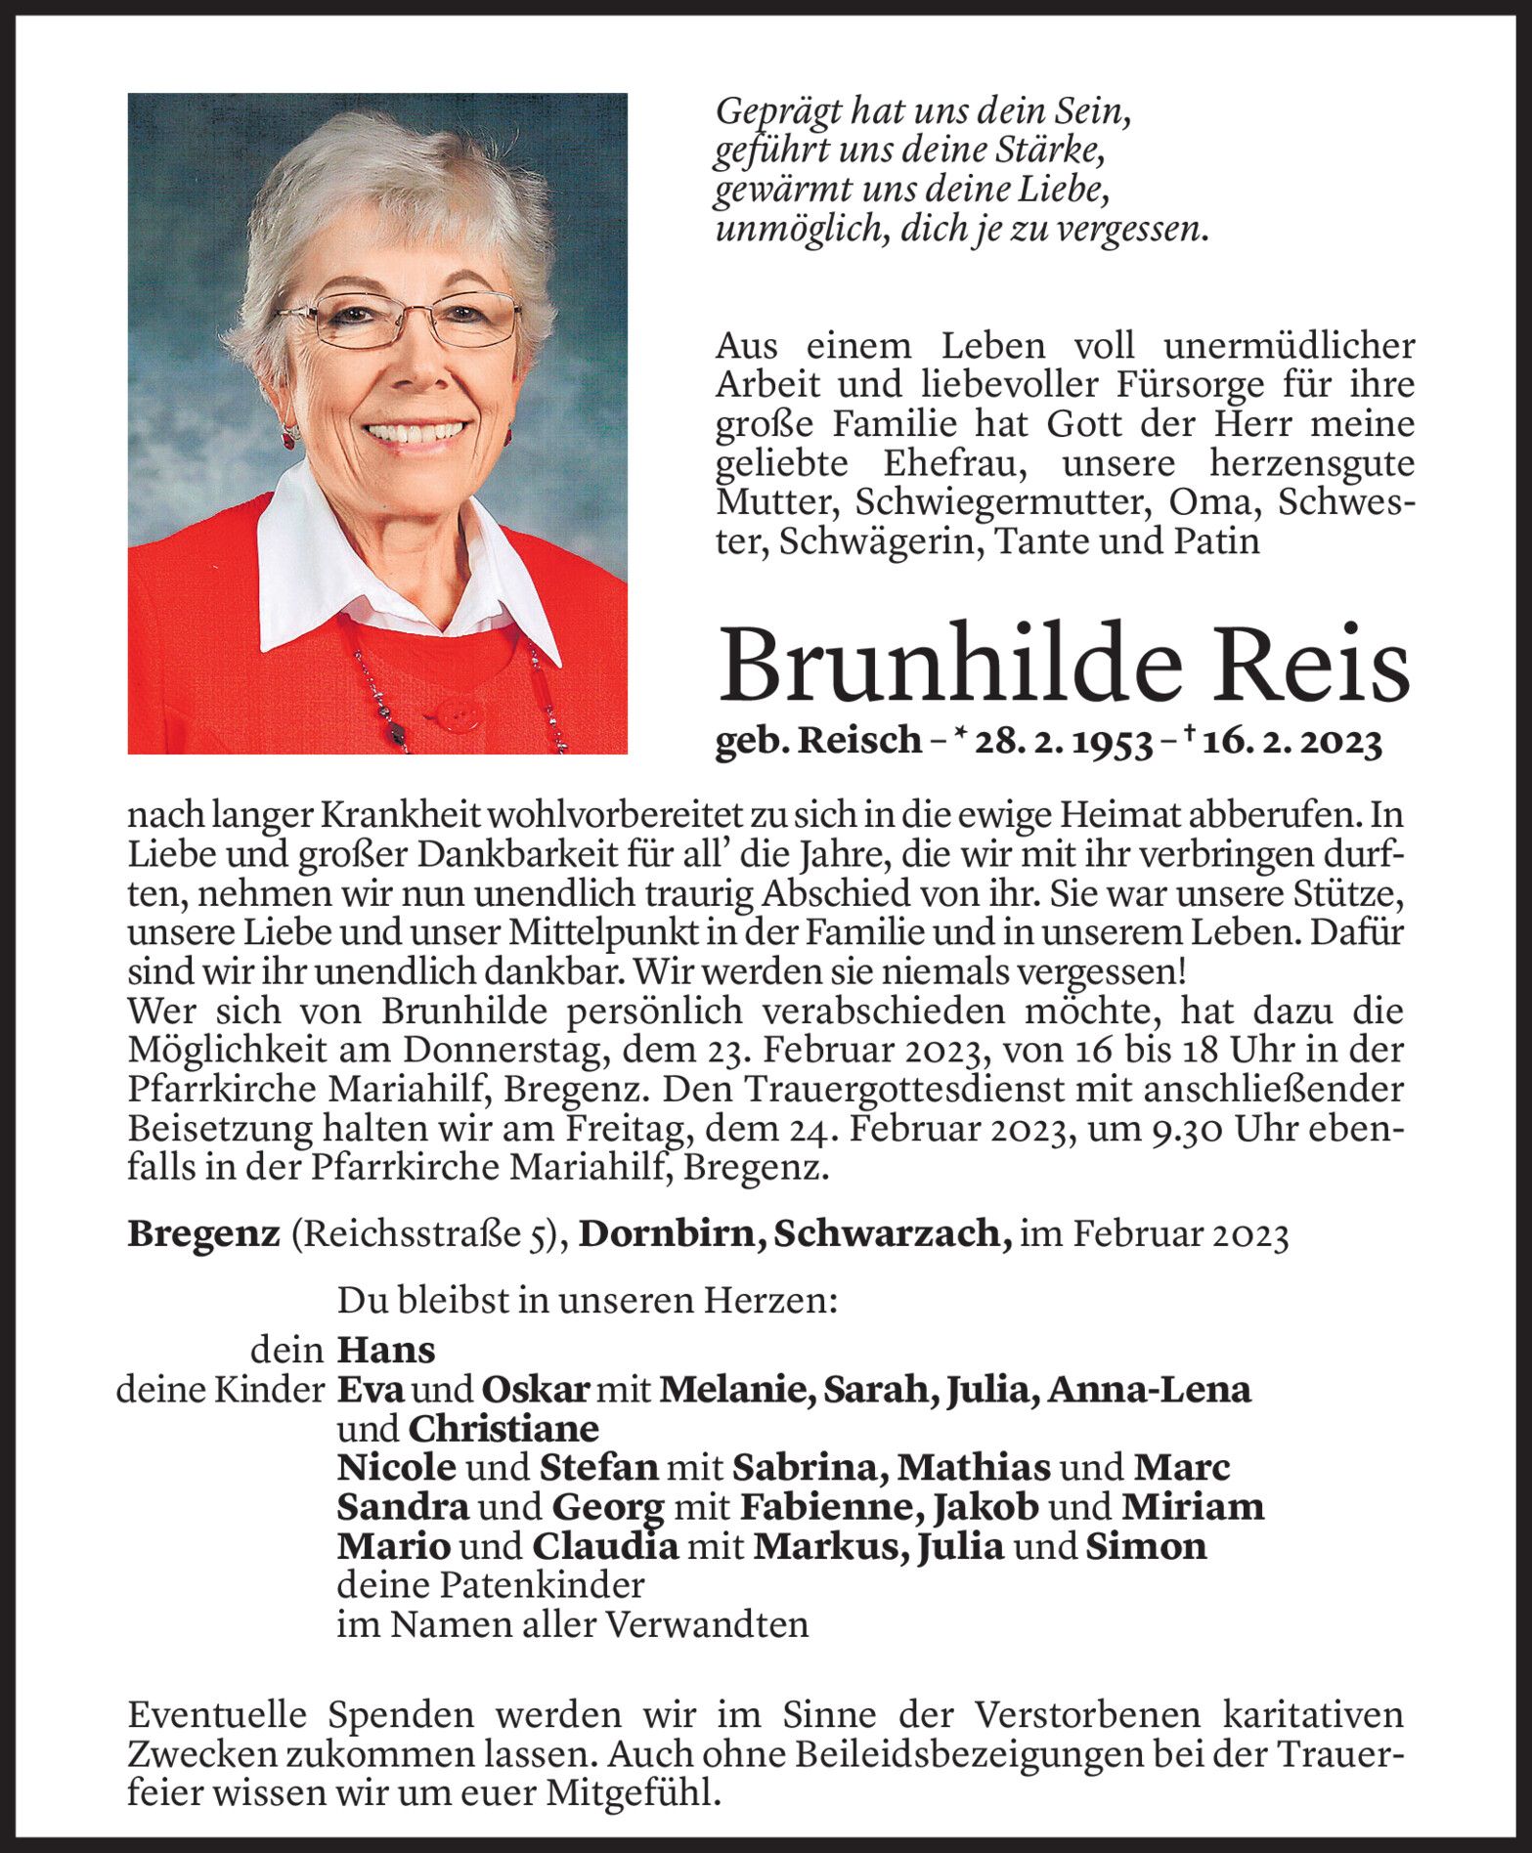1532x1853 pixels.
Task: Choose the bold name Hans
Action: point(386,1351)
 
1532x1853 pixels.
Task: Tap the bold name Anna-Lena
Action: point(1149,1390)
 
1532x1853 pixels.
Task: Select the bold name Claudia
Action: point(604,1546)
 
